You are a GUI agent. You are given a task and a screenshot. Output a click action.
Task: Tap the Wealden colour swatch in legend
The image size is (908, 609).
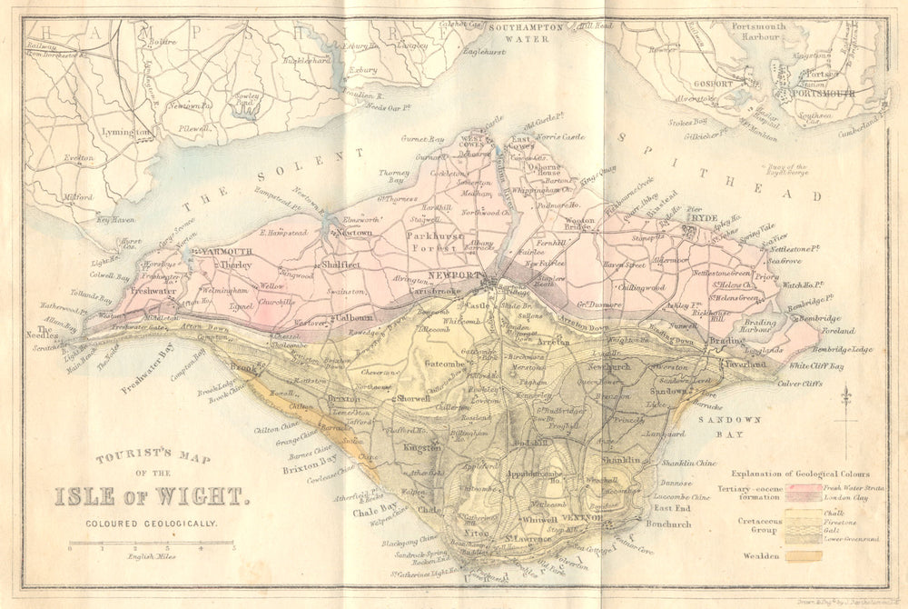(x=804, y=555)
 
